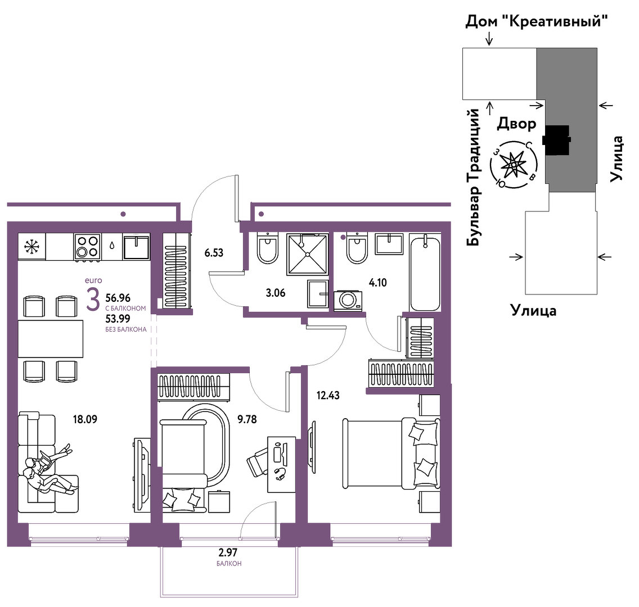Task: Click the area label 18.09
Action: pyautogui.click(x=85, y=419)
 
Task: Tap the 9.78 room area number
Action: pyautogui.click(x=247, y=419)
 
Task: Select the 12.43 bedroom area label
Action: pyautogui.click(x=328, y=395)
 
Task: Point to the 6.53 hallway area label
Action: pyautogui.click(x=214, y=253)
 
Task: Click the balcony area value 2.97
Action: pyautogui.click(x=228, y=552)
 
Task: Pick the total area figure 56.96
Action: pyautogui.click(x=118, y=298)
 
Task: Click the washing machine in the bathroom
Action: pyautogui.click(x=348, y=301)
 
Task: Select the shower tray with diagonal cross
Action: pyautogui.click(x=308, y=255)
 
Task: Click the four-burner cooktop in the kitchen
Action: pyautogui.click(x=87, y=246)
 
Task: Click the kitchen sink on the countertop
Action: pyautogui.click(x=136, y=246)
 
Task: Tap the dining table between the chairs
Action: pyautogui.click(x=51, y=339)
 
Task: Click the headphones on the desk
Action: pyautogui.click(x=280, y=474)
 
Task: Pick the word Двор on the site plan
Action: pyautogui.click(x=516, y=124)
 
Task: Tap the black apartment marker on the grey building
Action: pyautogui.click(x=557, y=140)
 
